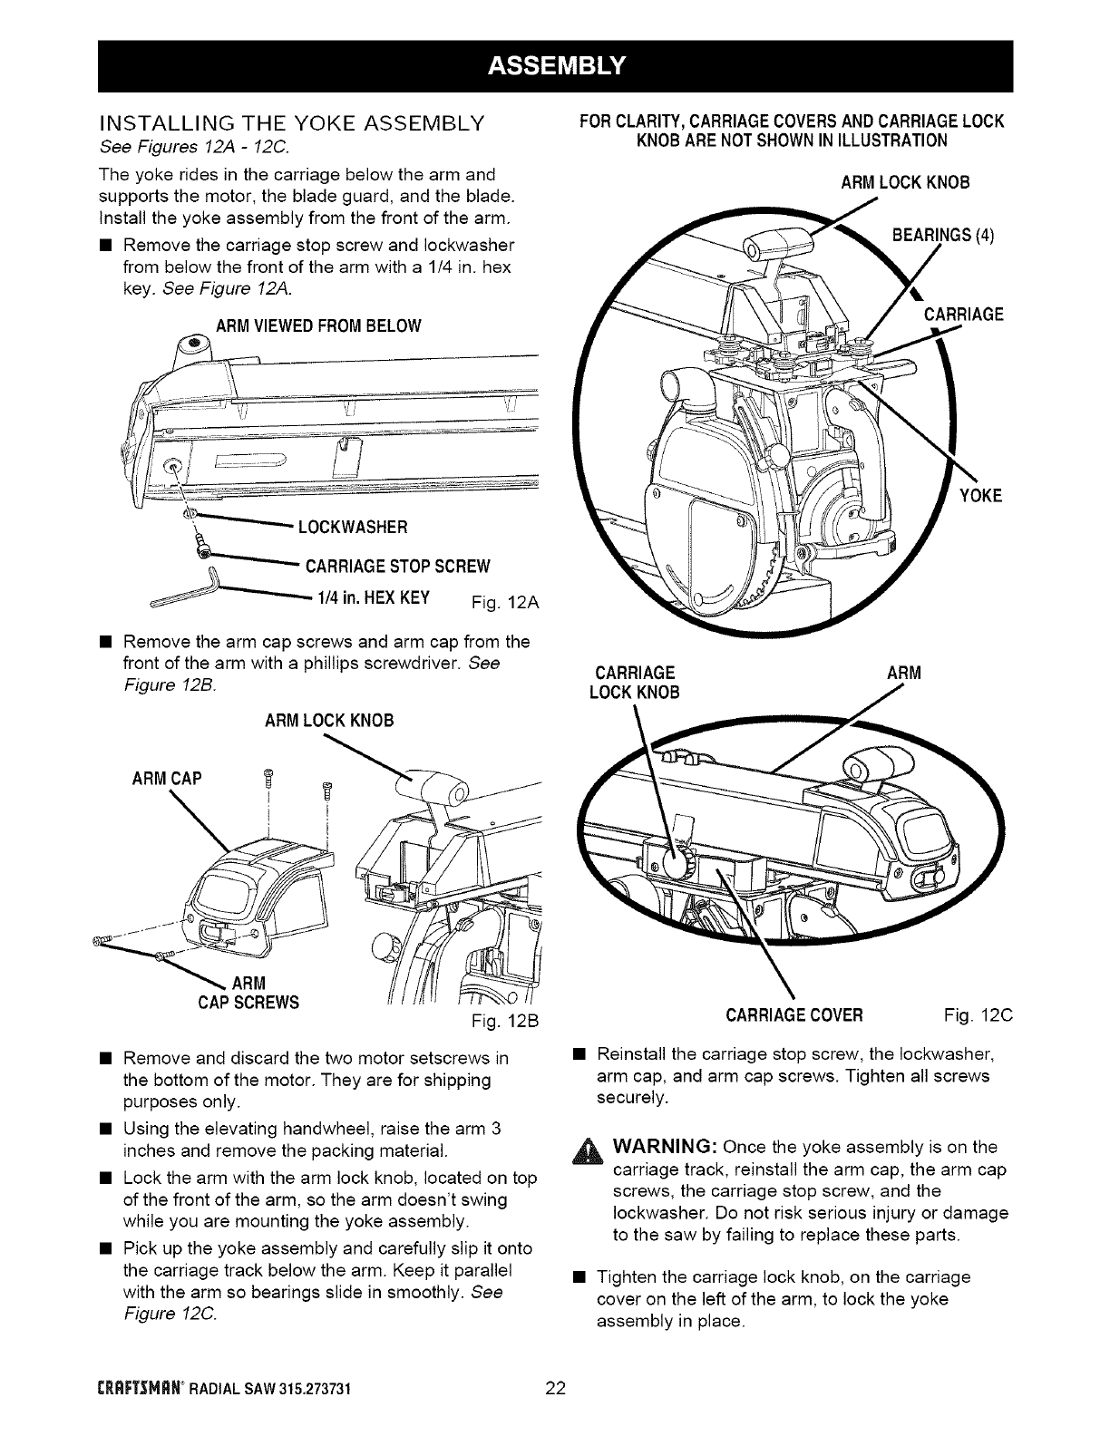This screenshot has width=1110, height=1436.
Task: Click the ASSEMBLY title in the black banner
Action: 554,65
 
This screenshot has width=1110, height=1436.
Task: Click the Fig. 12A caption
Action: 508,602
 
